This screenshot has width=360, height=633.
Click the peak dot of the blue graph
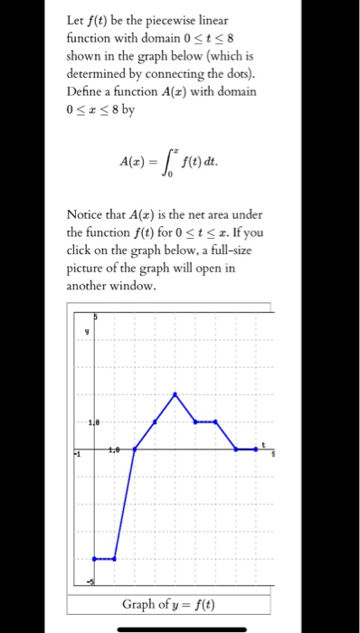[175, 393]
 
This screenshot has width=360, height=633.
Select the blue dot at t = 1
[114, 559]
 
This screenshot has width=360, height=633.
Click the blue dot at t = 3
[156, 420]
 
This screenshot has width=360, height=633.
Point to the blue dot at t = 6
[216, 420]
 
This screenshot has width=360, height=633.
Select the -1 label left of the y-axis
[78, 455]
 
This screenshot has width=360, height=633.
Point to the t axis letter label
[263, 443]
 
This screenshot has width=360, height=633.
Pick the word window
[132, 288]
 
